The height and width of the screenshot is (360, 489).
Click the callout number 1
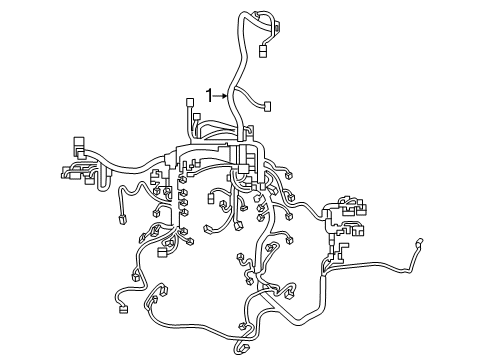[x=209, y=96]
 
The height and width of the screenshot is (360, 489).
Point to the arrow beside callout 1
[x=223, y=96]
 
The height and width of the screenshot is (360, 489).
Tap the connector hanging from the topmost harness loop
[x=264, y=50]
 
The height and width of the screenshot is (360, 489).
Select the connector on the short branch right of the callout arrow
[x=269, y=107]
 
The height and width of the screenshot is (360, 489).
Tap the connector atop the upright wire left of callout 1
[x=190, y=104]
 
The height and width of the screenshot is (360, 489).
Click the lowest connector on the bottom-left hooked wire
[x=123, y=309]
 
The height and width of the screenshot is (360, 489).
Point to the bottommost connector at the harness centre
[x=243, y=347]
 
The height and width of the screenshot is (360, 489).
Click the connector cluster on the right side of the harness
[x=352, y=210]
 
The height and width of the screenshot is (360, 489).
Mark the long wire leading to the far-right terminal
[x=380, y=262]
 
